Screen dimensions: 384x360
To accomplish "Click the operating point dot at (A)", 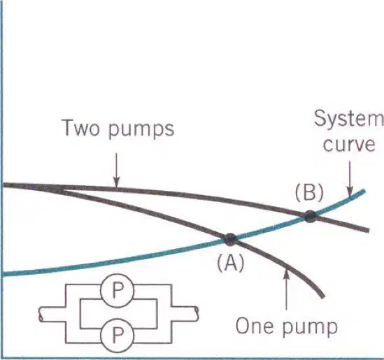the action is tap(230, 239).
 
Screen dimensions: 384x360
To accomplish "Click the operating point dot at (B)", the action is tap(310, 216).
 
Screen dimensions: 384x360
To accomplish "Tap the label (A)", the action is tap(230, 263).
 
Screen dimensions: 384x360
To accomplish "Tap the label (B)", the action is tap(309, 194).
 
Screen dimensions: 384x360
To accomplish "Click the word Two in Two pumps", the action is tap(83, 127).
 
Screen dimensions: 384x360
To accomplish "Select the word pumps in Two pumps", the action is tap(141, 130).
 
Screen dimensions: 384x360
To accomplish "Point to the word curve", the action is tap(349, 145).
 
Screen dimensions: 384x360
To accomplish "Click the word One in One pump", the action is tap(254, 326).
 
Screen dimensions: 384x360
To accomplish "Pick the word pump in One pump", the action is tap(310, 328).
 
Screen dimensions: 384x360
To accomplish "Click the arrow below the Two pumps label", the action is tap(117, 171).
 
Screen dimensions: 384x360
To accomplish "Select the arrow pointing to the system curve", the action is tap(350, 179).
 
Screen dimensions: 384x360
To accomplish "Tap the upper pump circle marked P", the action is tap(118, 291).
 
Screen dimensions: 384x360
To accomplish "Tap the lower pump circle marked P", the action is tap(118, 335).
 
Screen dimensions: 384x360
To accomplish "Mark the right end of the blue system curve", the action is tap(365, 191).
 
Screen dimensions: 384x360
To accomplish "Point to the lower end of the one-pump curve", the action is tap(323, 297).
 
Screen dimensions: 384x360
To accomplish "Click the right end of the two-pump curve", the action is tap(369, 231).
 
